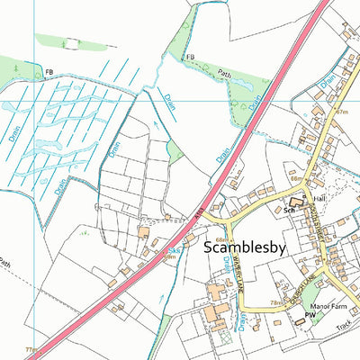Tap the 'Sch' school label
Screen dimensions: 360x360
[289, 210]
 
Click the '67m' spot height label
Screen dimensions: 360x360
[340, 112]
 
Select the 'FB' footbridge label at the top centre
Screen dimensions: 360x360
[190, 57]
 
